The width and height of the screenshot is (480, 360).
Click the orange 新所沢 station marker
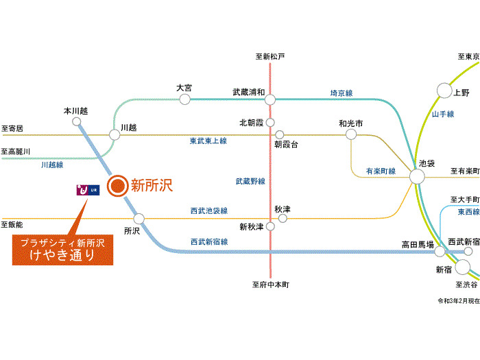click(117, 184)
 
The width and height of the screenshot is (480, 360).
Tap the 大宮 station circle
click(184, 99)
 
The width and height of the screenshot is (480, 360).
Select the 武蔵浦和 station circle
click(270, 99)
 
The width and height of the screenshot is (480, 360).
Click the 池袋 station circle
click(417, 177)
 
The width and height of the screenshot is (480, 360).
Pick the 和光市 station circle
click(351, 134)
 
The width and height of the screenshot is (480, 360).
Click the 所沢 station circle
click(139, 219)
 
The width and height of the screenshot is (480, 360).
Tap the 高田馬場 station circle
click(440, 252)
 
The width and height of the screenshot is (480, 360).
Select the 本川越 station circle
click(76, 121)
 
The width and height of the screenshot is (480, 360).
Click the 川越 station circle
click(115, 134)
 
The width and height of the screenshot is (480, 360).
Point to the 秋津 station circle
click(282, 219)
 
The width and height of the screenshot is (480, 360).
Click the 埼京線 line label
click(341, 93)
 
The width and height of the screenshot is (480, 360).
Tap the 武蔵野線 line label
click(250, 181)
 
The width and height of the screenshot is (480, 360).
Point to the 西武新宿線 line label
click(210, 241)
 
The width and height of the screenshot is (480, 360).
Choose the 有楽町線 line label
click(381, 171)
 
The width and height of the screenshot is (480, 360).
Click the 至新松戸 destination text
click(269, 56)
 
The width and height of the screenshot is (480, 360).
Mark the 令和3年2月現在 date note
click(458, 300)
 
